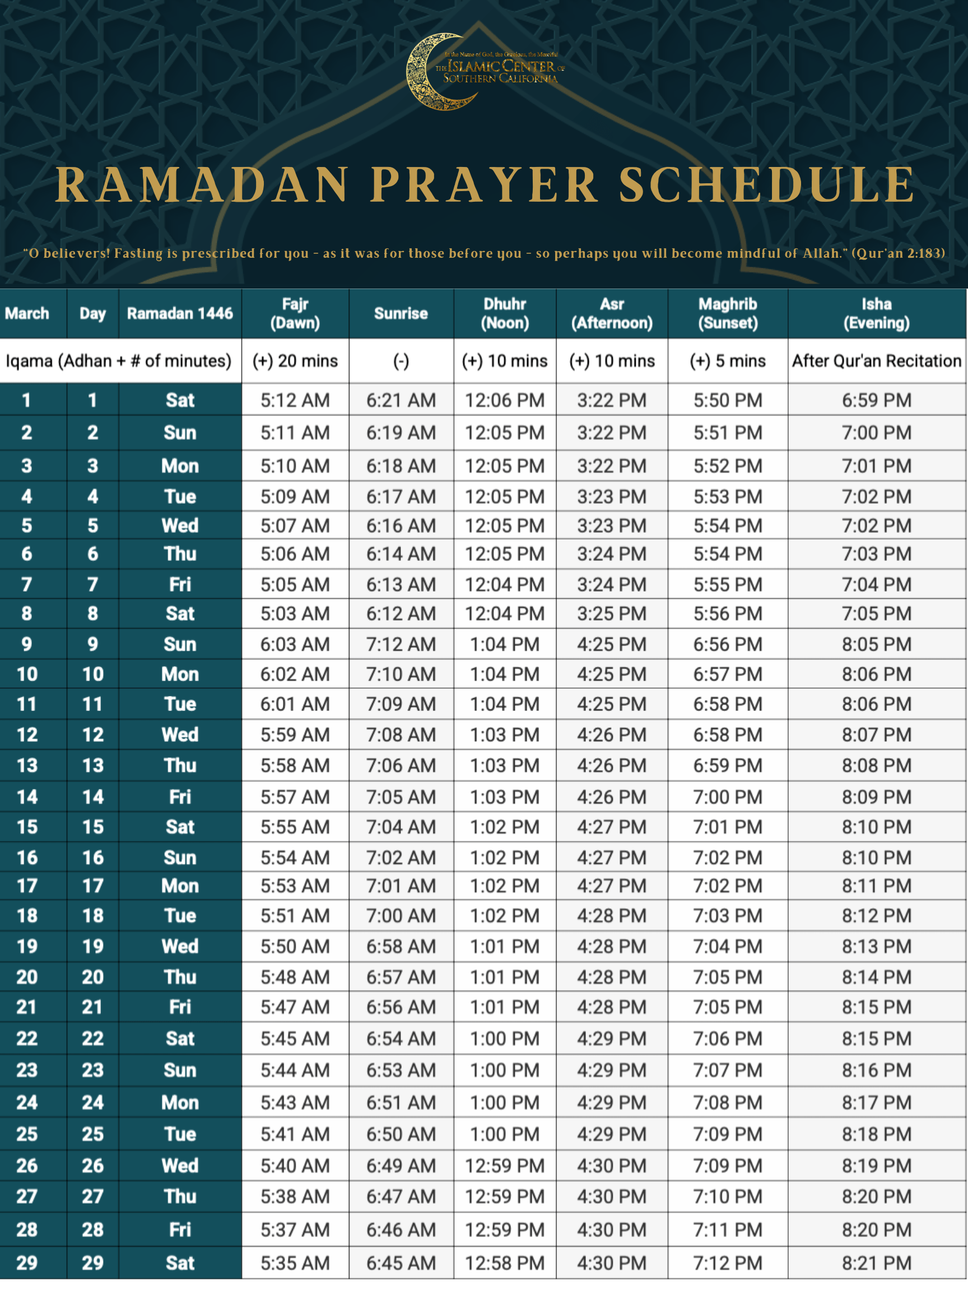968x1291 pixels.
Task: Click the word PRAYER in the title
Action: pyautogui.click(x=485, y=185)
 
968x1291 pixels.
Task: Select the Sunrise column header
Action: pyautogui.click(x=401, y=313)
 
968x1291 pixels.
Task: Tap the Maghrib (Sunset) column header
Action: pyautogui.click(x=728, y=313)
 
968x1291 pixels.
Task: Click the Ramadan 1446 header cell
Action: pyautogui.click(x=180, y=313)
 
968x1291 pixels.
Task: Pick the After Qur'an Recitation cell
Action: pyautogui.click(x=876, y=361)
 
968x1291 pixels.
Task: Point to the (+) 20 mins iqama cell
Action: pyautogui.click(x=295, y=361)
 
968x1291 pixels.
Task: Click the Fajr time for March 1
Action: pyautogui.click(x=295, y=401)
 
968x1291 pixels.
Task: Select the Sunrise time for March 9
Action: pyautogui.click(x=401, y=644)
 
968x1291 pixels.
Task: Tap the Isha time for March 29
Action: pyautogui.click(x=876, y=1263)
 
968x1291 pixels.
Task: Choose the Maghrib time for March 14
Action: pyautogui.click(x=728, y=797)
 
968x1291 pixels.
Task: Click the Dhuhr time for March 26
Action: pyautogui.click(x=505, y=1165)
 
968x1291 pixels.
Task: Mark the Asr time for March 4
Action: pyautogui.click(x=612, y=496)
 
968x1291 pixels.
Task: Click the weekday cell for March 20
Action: pyautogui.click(x=180, y=977)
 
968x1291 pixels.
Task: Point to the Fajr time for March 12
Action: pyautogui.click(x=295, y=735)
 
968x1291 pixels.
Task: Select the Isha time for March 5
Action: pyautogui.click(x=876, y=526)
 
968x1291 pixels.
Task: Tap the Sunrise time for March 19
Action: pyautogui.click(x=401, y=946)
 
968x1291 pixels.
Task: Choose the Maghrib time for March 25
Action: pyautogui.click(x=728, y=1134)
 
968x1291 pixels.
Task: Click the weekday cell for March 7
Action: pyautogui.click(x=180, y=584)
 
